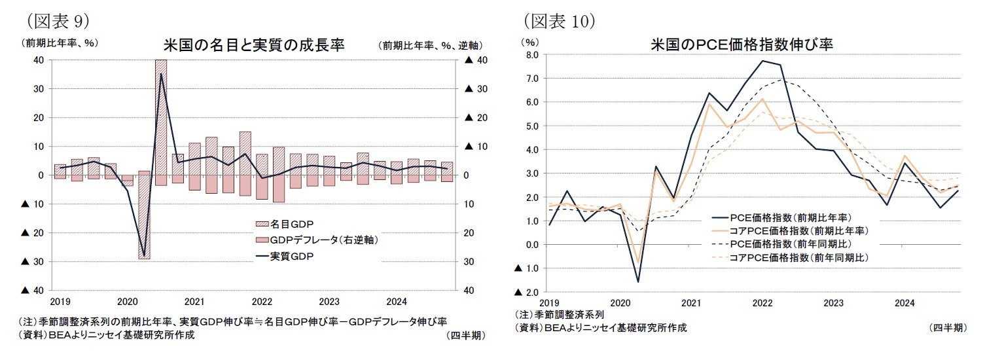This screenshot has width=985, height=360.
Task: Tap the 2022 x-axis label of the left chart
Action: point(262,302)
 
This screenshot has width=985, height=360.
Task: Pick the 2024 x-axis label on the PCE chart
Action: point(904,303)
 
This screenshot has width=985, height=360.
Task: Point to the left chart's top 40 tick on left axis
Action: point(39,60)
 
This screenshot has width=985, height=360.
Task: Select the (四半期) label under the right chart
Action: point(947,328)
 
